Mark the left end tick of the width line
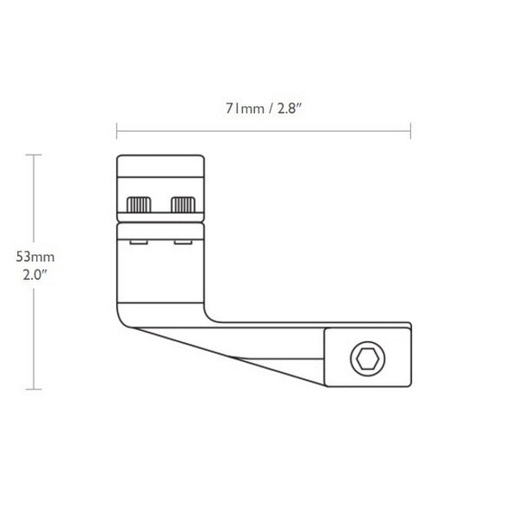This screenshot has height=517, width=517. point(116,131)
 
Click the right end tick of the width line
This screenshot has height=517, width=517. point(410,131)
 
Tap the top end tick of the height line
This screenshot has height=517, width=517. point(34,154)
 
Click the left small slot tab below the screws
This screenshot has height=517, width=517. point(137,242)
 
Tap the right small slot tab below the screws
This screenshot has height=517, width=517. point(184,242)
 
